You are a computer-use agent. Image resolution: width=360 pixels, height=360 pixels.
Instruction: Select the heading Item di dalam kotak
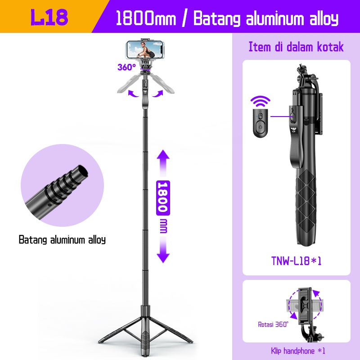tap(296, 47)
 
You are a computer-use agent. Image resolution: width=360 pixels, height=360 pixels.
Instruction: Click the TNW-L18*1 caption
tap(296, 261)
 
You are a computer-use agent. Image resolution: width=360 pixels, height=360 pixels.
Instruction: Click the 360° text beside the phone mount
tap(126, 67)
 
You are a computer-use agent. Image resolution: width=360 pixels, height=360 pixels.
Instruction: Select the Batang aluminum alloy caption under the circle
tap(62, 239)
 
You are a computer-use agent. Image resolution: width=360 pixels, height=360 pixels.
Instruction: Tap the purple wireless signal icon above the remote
tap(259, 100)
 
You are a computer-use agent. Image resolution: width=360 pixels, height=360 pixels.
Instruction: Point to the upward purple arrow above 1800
tap(163, 164)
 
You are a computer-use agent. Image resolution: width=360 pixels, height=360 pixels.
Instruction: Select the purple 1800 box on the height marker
tap(162, 197)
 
